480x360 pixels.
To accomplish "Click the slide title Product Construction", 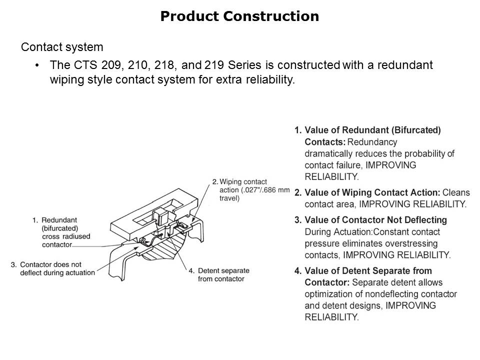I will click(239, 16).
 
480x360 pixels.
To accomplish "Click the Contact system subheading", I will click(62, 47).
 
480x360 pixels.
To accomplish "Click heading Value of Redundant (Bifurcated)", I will click(372, 130).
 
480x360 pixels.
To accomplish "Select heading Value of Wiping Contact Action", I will click(372, 192).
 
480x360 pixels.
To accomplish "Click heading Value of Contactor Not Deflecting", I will click(375, 220).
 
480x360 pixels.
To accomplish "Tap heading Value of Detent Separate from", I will click(368, 271).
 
